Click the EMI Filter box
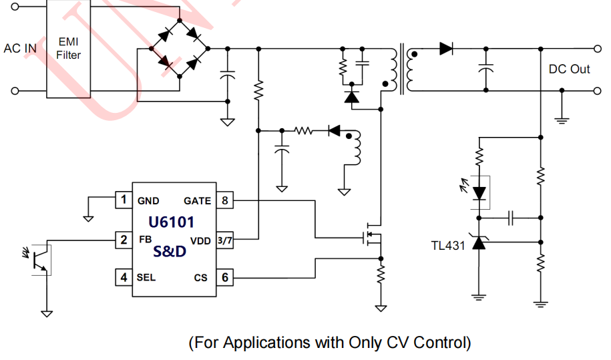(x=68, y=49)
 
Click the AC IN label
(x=20, y=49)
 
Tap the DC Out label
(x=569, y=69)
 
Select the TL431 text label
(x=448, y=244)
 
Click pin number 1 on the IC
(x=123, y=200)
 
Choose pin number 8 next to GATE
(x=224, y=200)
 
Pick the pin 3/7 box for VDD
(x=224, y=240)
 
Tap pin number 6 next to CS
(x=224, y=277)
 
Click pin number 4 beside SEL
(x=123, y=277)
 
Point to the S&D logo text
(x=170, y=252)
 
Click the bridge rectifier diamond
(x=179, y=49)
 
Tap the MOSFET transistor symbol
(x=371, y=237)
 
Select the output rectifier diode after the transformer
(x=447, y=48)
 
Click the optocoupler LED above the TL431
(x=479, y=192)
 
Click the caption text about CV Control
(x=330, y=343)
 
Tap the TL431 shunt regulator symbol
(x=479, y=243)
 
